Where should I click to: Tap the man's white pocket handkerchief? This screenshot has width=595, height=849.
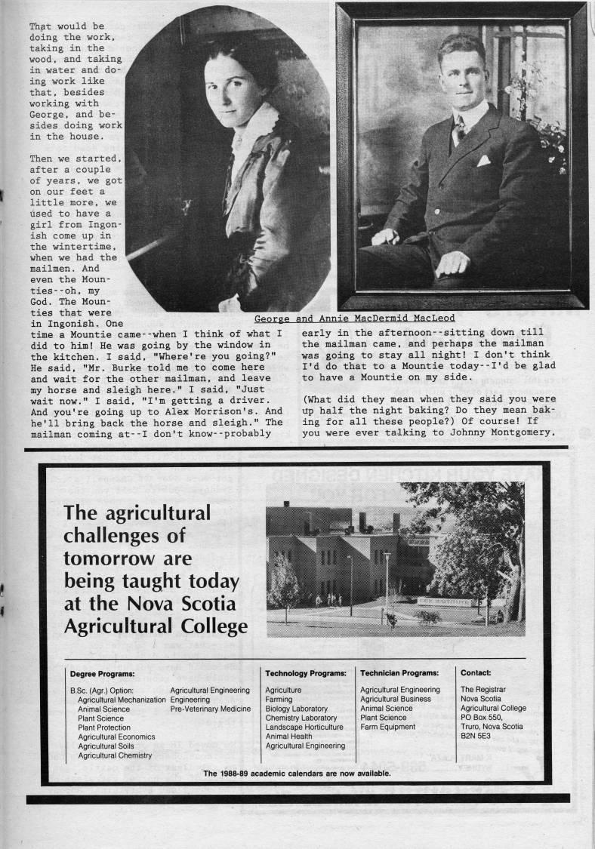[482, 161]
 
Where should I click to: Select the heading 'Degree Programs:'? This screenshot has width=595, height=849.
[102, 673]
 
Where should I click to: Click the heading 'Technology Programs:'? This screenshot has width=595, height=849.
[305, 673]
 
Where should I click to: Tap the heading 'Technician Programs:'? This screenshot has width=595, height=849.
[399, 673]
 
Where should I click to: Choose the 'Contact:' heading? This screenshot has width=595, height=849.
[476, 673]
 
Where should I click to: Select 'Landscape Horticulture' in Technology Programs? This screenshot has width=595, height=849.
[304, 727]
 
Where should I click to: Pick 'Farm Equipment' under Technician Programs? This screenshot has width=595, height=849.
[387, 727]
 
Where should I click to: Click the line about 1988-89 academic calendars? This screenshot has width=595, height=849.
[297, 774]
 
